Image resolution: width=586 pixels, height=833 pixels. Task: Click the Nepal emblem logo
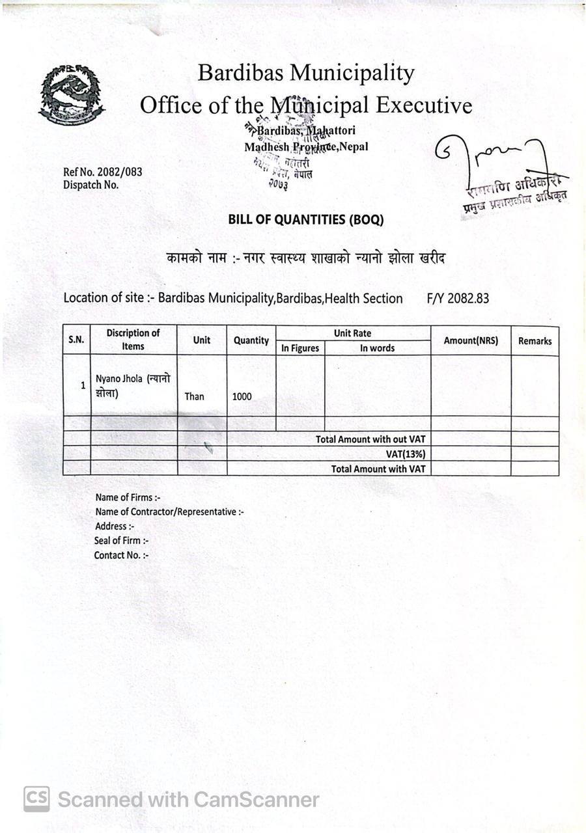click(x=71, y=93)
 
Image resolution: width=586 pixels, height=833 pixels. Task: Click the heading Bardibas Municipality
click(x=305, y=73)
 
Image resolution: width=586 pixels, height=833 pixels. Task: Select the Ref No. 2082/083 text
click(x=102, y=172)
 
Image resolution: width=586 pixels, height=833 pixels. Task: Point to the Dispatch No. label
click(x=91, y=185)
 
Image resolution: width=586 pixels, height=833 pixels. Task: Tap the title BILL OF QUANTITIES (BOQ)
click(x=305, y=220)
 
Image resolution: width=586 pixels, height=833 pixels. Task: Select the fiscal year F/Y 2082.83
click(x=458, y=299)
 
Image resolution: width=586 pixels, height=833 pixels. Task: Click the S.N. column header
click(x=77, y=340)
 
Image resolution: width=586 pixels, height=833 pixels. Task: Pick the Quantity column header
click(x=251, y=340)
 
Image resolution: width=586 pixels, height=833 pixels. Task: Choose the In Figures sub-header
click(x=300, y=348)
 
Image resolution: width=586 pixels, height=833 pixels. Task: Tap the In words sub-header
click(x=378, y=348)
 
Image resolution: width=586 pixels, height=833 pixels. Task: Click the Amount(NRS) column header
click(x=470, y=340)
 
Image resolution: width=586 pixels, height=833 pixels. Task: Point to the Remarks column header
click(x=535, y=341)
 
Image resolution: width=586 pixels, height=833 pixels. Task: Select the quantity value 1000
click(x=242, y=396)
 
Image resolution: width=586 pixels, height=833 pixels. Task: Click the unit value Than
click(x=194, y=396)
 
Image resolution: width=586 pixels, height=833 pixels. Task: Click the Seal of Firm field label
click(x=122, y=541)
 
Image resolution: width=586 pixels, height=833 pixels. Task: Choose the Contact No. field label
click(x=121, y=555)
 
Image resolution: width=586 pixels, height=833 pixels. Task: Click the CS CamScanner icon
click(x=36, y=799)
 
